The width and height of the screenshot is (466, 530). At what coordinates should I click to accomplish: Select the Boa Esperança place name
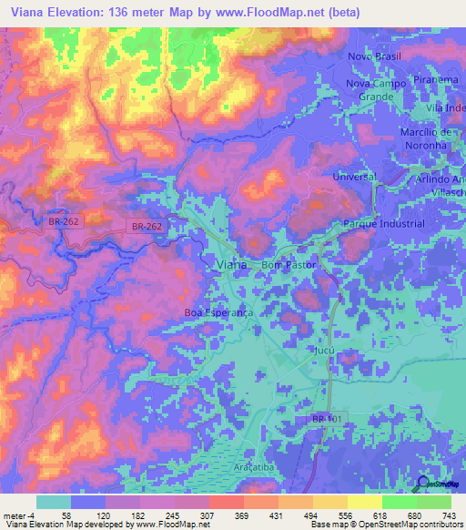click(x=218, y=311)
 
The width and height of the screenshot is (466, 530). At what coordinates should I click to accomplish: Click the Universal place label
click(x=354, y=176)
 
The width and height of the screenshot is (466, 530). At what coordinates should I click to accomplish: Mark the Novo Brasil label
click(x=374, y=56)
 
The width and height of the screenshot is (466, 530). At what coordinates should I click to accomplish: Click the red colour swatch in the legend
click(x=228, y=501)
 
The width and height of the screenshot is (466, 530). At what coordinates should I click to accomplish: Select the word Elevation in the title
click(x=75, y=13)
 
